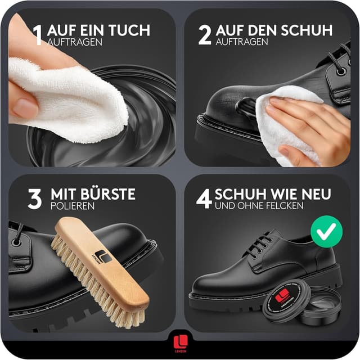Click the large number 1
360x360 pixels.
coord(38,34)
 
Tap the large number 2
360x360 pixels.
coord(204,34)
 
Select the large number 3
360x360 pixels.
coord(35,199)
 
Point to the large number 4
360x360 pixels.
coord(203,199)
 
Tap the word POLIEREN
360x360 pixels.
coord(72,206)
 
